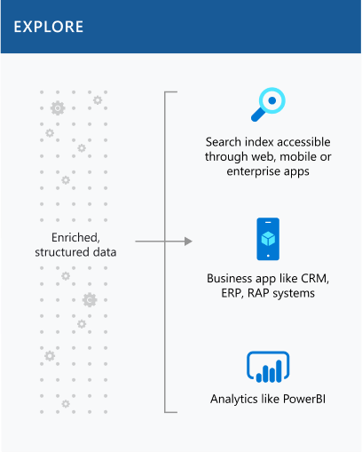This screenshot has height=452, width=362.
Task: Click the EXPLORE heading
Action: pos(49,27)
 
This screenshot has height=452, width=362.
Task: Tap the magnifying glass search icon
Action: pos(268,104)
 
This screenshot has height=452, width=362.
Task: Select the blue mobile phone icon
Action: pos(268,239)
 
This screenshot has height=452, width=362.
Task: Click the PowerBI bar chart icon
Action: pos(268,367)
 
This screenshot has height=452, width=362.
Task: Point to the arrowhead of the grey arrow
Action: pos(188,242)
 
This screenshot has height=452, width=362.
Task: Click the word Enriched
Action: pos(75,237)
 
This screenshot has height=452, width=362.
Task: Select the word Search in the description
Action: pos(224,142)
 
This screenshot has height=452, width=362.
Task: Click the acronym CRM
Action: pos(315,279)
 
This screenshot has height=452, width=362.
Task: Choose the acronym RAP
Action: pos(258,293)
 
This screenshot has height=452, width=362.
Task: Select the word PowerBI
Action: pos(304,399)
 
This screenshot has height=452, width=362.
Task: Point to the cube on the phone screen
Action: pos(268,239)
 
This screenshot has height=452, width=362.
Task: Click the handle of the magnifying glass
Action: pos(257,115)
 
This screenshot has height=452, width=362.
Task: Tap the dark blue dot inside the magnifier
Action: pos(272,100)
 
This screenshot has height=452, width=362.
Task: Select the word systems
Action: pos(294,294)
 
